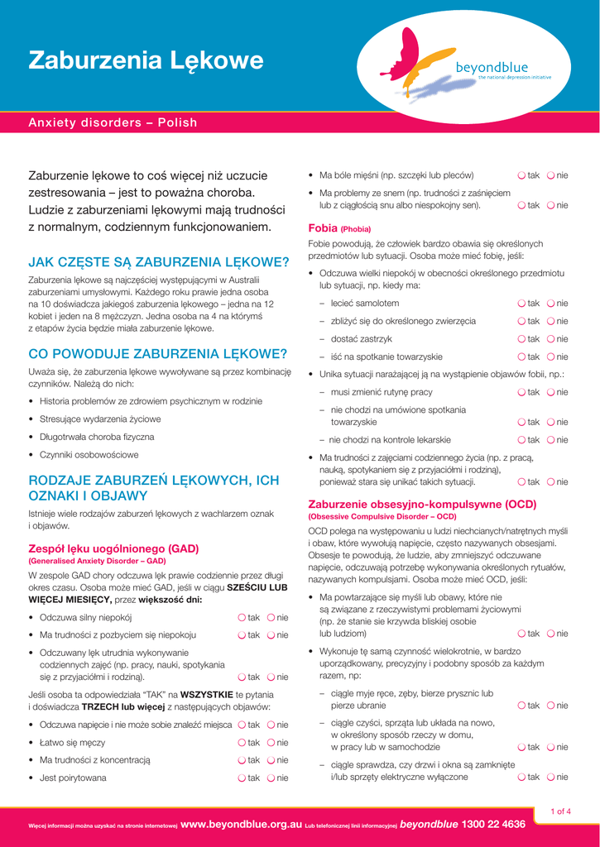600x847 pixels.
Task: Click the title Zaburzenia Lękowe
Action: [146, 60]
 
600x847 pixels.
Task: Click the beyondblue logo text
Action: [492, 67]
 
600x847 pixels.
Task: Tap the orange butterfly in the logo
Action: [423, 63]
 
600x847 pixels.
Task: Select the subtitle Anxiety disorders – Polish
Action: [113, 122]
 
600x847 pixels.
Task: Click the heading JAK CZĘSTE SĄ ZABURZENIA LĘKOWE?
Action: [159, 263]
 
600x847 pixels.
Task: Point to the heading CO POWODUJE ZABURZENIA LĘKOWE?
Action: [157, 354]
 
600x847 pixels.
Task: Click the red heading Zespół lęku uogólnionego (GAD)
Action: [113, 548]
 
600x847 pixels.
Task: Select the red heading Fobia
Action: [323, 227]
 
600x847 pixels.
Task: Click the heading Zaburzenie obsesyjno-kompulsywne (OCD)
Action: [422, 504]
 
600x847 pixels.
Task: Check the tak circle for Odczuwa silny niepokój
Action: [242, 617]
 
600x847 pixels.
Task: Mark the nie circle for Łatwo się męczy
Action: [271, 742]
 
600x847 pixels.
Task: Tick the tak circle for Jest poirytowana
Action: [242, 778]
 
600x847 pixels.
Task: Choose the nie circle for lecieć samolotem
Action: [550, 304]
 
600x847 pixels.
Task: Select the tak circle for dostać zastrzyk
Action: [521, 339]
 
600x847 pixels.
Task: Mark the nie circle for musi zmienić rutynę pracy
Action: [550, 392]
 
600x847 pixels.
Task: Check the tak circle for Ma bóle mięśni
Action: [521, 175]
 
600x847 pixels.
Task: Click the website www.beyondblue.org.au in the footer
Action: [241, 824]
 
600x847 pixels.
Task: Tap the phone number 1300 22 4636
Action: [494, 824]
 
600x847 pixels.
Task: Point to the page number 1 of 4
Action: [560, 811]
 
